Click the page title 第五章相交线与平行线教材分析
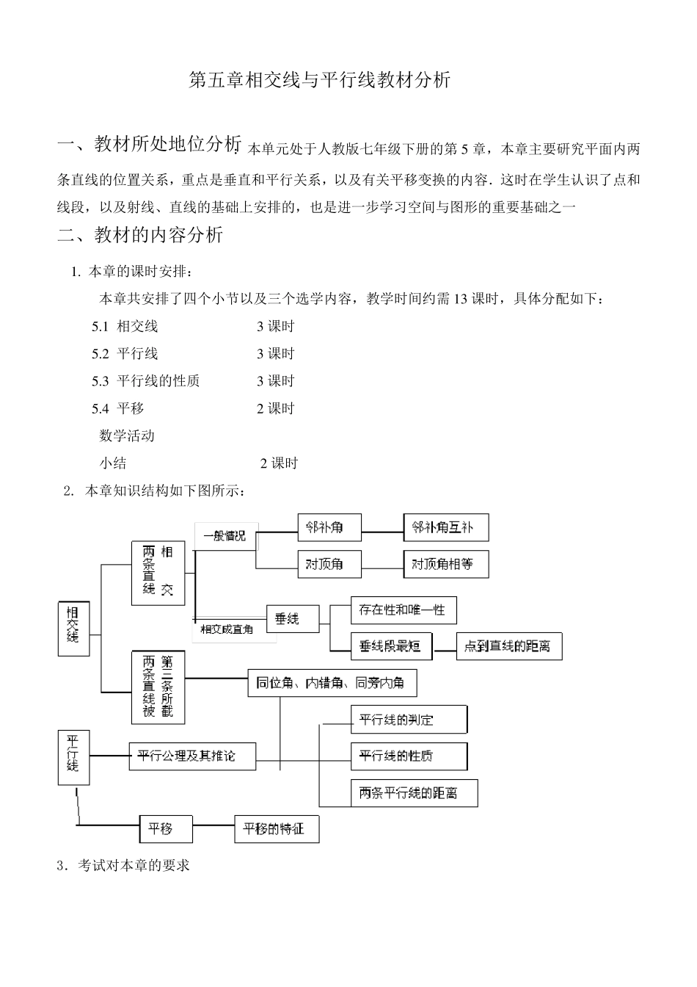tap(319, 81)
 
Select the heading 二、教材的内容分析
tap(140, 235)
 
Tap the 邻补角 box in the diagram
tap(329, 527)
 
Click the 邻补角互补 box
tap(446, 527)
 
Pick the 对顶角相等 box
tap(446, 564)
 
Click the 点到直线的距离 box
tap(508, 646)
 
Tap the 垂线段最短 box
tap(391, 646)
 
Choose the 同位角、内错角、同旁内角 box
tap(332, 683)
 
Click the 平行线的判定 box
tap(409, 719)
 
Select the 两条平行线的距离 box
tap(415, 793)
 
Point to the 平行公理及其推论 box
tap(192, 756)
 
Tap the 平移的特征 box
tap(277, 829)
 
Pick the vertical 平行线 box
tap(73, 756)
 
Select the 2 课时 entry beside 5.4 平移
tap(275, 408)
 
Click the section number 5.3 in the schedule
tap(100, 381)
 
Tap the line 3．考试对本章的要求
tap(123, 866)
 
